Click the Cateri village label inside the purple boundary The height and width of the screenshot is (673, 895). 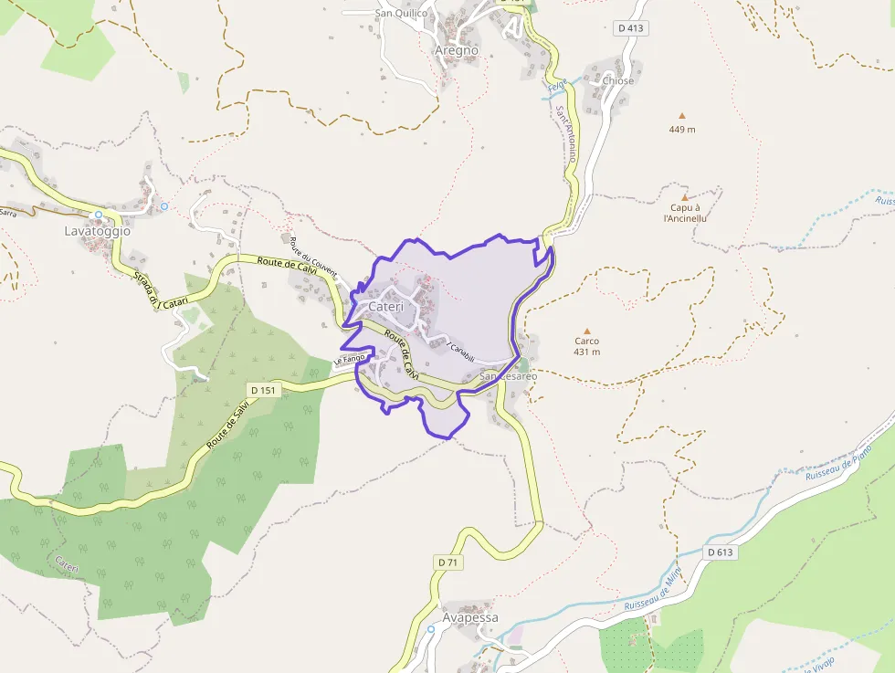[x=385, y=307]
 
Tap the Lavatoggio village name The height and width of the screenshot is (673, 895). [x=98, y=231]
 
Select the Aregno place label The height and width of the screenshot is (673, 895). [x=456, y=50]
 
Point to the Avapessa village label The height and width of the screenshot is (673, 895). [x=470, y=617]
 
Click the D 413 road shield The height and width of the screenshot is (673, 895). [x=630, y=28]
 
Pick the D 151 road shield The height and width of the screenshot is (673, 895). [x=263, y=390]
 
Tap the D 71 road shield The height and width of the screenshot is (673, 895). [x=447, y=563]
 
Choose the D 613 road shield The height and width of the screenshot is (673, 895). [x=721, y=552]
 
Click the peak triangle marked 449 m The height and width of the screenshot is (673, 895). [x=681, y=116]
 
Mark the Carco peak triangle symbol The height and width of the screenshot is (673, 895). [x=586, y=331]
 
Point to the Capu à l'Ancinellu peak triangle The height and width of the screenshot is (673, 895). [x=684, y=196]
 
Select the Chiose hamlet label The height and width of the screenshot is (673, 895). [x=618, y=80]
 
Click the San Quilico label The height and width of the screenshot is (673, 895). [x=401, y=13]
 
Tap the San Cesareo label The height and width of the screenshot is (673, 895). [x=508, y=375]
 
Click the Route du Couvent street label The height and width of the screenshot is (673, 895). [x=313, y=257]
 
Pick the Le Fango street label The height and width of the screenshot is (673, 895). [x=349, y=359]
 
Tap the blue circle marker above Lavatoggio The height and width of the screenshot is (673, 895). [x=98, y=216]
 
